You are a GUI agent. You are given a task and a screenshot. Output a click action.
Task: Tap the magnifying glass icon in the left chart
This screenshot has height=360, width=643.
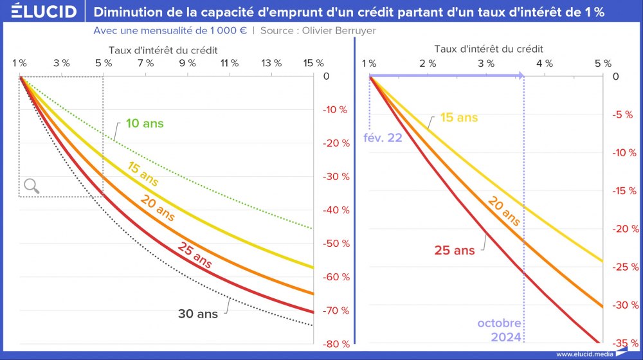point(32,186)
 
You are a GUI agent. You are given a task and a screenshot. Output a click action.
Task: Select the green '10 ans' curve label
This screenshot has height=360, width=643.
point(145,123)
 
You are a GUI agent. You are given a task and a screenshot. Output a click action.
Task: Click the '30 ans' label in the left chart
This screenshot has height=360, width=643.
point(197,314)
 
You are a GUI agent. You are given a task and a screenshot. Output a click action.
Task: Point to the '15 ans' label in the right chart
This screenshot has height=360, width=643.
point(459,118)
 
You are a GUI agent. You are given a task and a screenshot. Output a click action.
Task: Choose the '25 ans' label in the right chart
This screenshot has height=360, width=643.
point(454,250)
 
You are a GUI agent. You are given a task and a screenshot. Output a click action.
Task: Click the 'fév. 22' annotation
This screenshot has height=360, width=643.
point(383,138)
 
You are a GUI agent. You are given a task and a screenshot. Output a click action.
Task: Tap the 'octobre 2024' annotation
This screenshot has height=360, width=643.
point(499,329)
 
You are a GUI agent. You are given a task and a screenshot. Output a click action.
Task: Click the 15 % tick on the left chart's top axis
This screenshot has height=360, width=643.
point(313,63)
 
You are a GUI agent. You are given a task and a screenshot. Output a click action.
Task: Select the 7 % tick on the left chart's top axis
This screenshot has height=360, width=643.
point(145,63)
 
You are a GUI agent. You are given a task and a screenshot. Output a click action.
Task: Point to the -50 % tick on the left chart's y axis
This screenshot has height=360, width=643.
point(336,244)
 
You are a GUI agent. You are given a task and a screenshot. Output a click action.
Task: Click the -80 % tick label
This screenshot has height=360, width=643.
point(336,344)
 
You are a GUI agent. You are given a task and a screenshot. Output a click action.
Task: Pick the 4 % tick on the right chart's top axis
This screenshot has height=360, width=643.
point(545,63)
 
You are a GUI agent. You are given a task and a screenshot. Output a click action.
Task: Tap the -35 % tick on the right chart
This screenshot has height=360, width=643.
point(620,343)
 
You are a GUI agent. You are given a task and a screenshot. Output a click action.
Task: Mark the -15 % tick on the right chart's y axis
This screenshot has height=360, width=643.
point(620,190)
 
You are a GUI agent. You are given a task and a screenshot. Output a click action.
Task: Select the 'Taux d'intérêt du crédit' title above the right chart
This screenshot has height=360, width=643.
point(489,49)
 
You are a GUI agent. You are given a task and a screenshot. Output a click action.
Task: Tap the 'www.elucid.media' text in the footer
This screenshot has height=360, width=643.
point(584,354)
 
